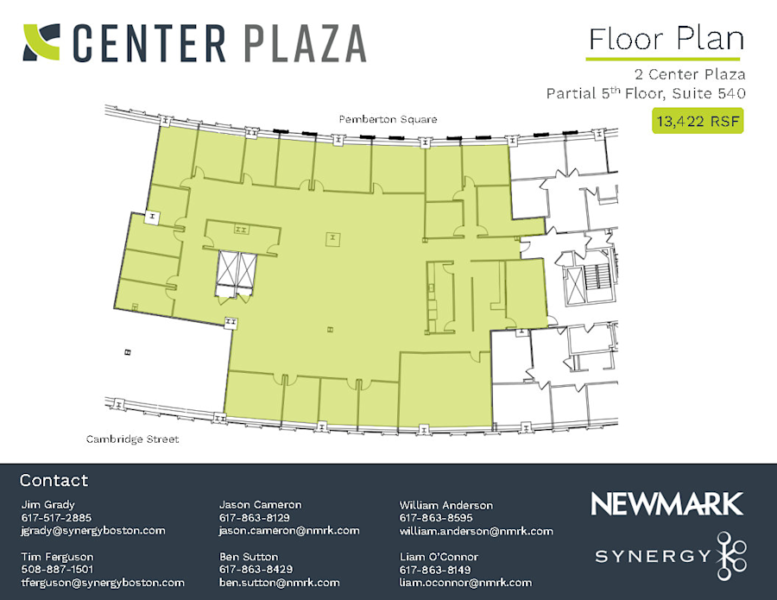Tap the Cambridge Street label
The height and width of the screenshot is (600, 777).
(132, 439)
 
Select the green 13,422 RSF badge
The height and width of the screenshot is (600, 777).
(697, 122)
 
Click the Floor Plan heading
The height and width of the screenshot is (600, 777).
(665, 40)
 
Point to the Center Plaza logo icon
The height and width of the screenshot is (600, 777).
(41, 42)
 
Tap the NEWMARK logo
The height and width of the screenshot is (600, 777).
(666, 504)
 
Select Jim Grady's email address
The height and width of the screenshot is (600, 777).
(92, 531)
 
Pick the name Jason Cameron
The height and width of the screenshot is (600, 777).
(260, 505)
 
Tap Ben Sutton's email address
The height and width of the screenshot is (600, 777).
(279, 583)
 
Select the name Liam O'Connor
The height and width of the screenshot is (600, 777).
(439, 557)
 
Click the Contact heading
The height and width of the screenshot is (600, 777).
(54, 481)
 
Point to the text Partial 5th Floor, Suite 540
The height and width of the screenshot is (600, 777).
(646, 92)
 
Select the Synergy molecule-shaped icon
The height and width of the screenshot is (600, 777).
(730, 554)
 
